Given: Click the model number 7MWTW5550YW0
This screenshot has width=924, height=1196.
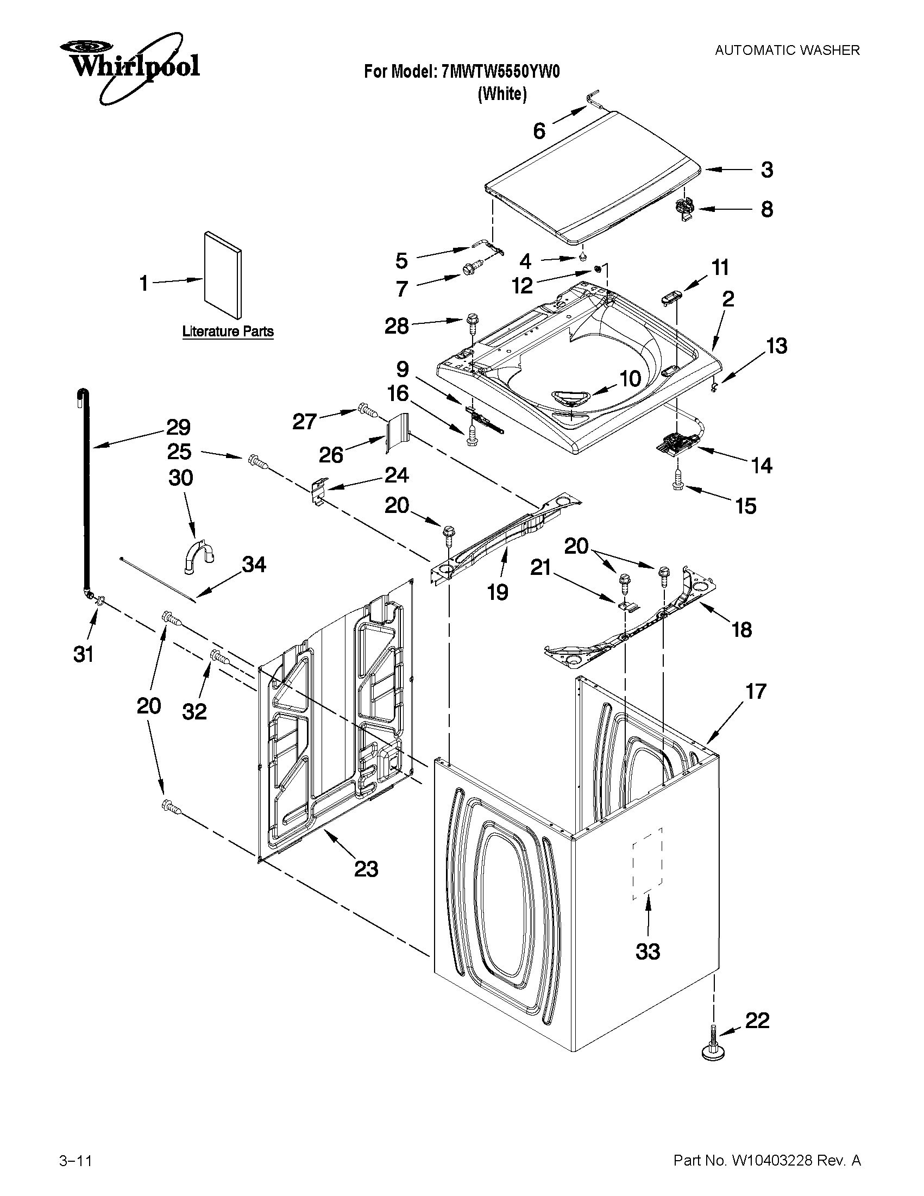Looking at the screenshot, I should coord(500,72).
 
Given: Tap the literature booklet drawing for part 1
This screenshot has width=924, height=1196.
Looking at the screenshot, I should coord(222,275).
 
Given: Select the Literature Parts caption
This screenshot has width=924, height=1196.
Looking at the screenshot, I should coord(228,331).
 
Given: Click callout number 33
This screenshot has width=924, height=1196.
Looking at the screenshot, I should coord(648,951).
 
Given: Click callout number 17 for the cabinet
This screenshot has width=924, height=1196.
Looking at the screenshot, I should coord(756,692).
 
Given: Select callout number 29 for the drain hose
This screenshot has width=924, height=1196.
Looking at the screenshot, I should coord(179,427).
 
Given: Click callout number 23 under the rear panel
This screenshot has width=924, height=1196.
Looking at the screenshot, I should coord(366,869).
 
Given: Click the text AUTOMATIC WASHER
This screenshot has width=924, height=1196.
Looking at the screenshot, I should coord(787,51).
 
